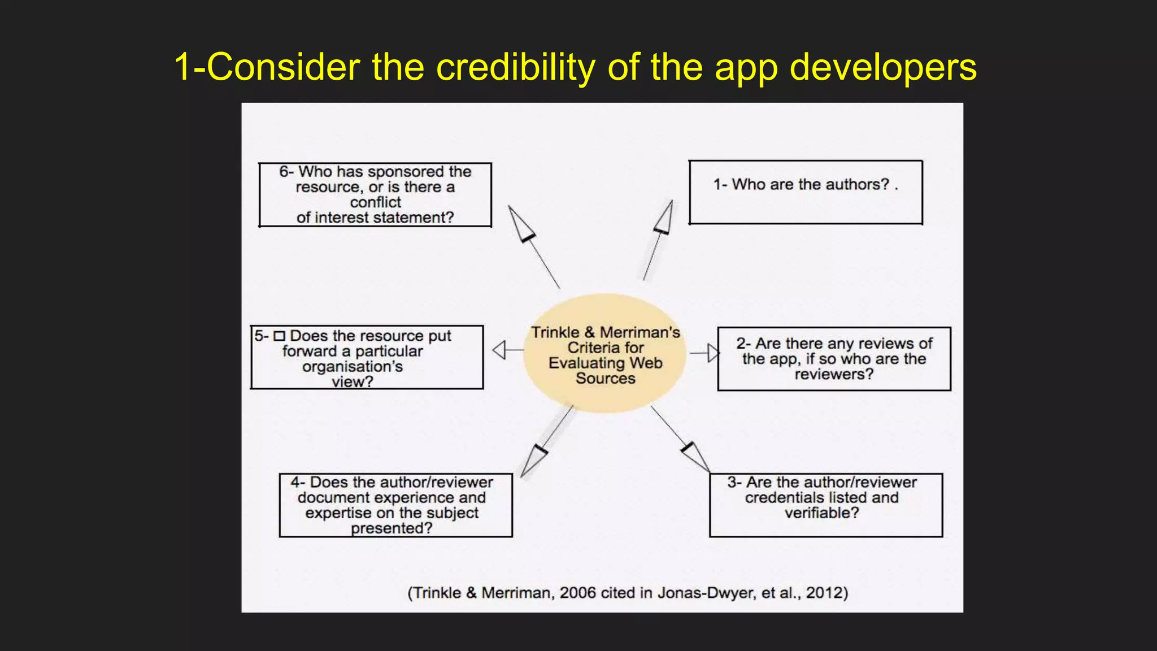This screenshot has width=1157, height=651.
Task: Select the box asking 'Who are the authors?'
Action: click(x=806, y=192)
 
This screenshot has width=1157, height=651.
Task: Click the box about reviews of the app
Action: click(x=834, y=359)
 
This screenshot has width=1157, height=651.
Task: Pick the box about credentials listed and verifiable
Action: click(x=826, y=505)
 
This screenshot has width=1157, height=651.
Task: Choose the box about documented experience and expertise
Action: click(x=395, y=505)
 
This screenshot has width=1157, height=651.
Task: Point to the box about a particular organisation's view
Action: click(x=367, y=357)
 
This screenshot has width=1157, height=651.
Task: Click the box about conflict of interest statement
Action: click(x=375, y=195)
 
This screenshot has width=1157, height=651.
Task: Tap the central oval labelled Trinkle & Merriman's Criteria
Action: click(x=605, y=354)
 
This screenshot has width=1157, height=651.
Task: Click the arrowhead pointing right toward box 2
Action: click(x=714, y=353)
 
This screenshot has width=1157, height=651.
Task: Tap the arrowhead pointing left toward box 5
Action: click(x=499, y=350)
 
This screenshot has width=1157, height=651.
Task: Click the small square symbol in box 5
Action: click(x=279, y=336)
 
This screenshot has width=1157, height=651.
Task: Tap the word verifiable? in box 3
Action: click(x=821, y=513)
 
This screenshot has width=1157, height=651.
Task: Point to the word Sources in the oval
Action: click(x=605, y=379)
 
